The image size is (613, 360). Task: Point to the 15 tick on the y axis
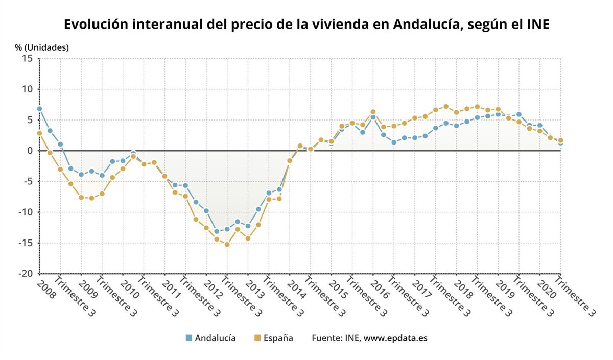[x=28, y=58]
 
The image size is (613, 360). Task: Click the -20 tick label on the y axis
[x=25, y=274]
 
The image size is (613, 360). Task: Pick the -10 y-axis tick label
[x=25, y=212]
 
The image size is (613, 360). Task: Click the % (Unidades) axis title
[x=41, y=47]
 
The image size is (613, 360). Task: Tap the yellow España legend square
[x=257, y=338]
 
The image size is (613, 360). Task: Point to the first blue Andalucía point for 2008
[x=39, y=109]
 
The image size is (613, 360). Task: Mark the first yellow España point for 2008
[x=39, y=133]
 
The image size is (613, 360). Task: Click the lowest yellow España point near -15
[x=227, y=244]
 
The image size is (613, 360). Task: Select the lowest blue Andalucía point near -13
[x=217, y=231]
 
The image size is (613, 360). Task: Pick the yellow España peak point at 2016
[x=373, y=112]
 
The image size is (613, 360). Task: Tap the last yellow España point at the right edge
[x=560, y=140]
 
